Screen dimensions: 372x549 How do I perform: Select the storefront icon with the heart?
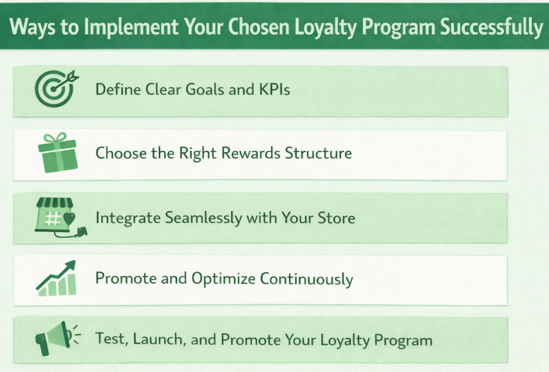[57, 216]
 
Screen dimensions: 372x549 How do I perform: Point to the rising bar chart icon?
[57, 278]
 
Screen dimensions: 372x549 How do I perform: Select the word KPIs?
[275, 89]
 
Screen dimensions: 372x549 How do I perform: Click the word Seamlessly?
[197, 217]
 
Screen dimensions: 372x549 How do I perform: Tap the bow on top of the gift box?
[55, 137]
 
